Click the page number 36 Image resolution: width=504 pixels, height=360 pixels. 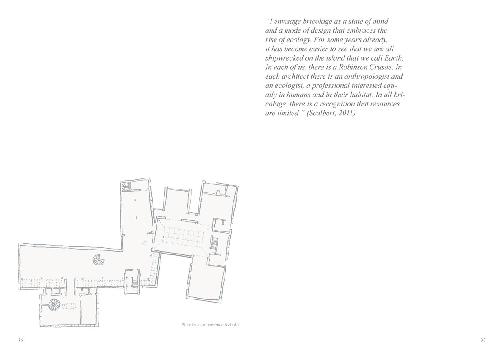pyautogui.click(x=21, y=341)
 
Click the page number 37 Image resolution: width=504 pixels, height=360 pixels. pyautogui.click(x=483, y=341)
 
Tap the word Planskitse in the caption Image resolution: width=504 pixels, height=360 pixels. pyautogui.click(x=191, y=325)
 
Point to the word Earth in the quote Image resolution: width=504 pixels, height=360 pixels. pyautogui.click(x=393, y=58)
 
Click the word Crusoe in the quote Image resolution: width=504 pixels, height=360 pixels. pyautogui.click(x=381, y=68)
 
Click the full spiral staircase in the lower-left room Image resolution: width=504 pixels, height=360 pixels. pyautogui.click(x=53, y=304)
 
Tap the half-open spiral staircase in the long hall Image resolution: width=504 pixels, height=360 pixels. pyautogui.click(x=98, y=259)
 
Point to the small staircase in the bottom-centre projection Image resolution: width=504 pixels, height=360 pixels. pyautogui.click(x=135, y=283)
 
